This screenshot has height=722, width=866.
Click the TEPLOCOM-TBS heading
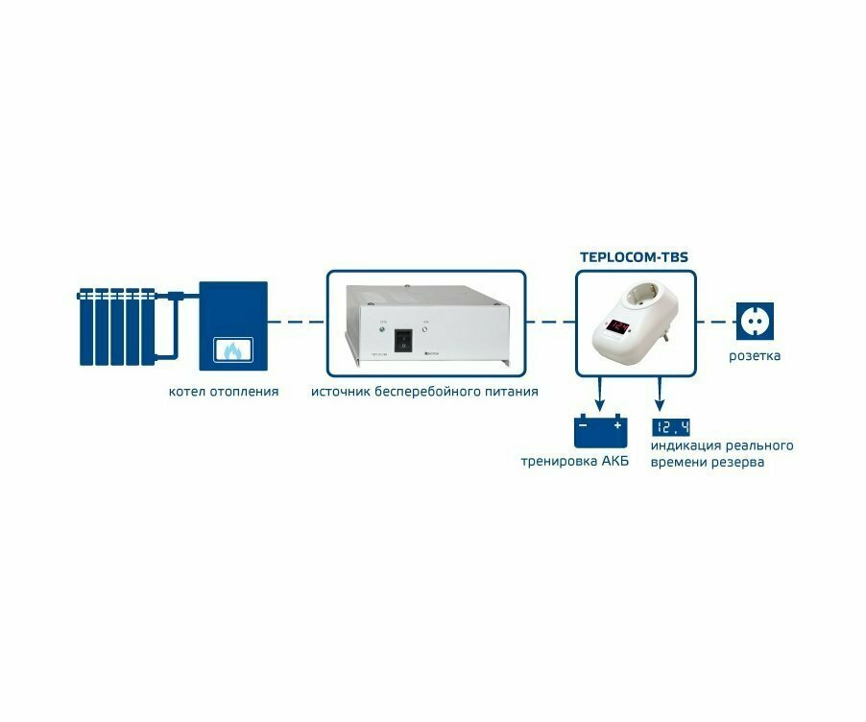[x=634, y=257]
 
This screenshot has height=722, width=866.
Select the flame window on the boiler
[x=231, y=351]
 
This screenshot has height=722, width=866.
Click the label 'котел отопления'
[x=224, y=392]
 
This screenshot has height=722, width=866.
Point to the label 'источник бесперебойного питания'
[x=424, y=392]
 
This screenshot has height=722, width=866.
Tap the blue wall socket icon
[x=753, y=321]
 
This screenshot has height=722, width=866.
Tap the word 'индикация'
[x=687, y=446]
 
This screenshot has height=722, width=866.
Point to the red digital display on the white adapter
[x=619, y=326]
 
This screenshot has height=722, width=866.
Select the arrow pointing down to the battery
[x=600, y=394]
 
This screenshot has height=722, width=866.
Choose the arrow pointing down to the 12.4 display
[x=659, y=394]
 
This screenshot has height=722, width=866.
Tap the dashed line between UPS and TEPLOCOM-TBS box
[x=549, y=321]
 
